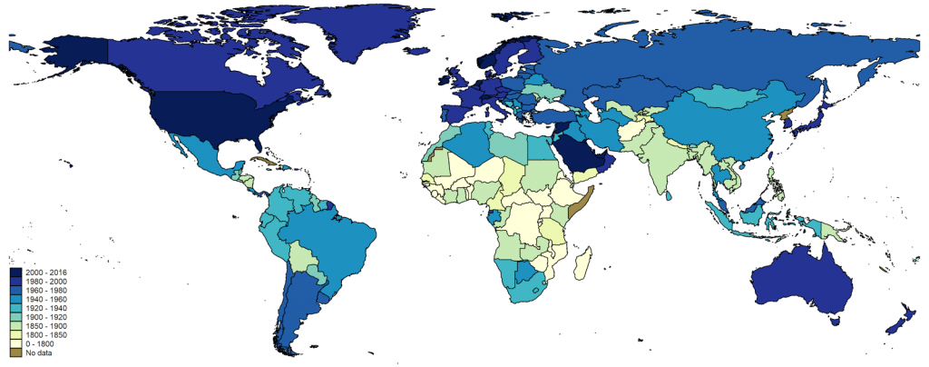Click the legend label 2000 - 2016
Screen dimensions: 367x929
click(45, 273)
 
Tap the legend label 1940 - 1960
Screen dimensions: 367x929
click(45, 299)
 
